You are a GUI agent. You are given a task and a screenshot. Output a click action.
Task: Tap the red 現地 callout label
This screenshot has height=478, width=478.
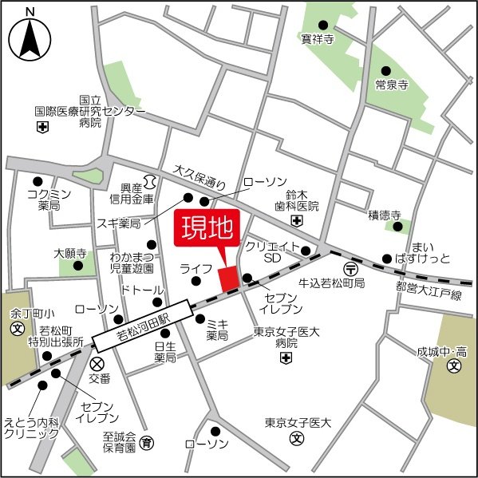pyautogui.click(x=205, y=230)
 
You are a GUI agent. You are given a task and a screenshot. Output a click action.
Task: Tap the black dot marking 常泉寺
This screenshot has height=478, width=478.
pyautogui.click(x=385, y=70)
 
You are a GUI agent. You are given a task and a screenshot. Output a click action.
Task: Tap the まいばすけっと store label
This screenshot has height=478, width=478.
pyautogui.click(x=429, y=252)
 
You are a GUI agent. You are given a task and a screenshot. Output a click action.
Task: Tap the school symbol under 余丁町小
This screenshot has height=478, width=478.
pyautogui.click(x=15, y=328)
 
